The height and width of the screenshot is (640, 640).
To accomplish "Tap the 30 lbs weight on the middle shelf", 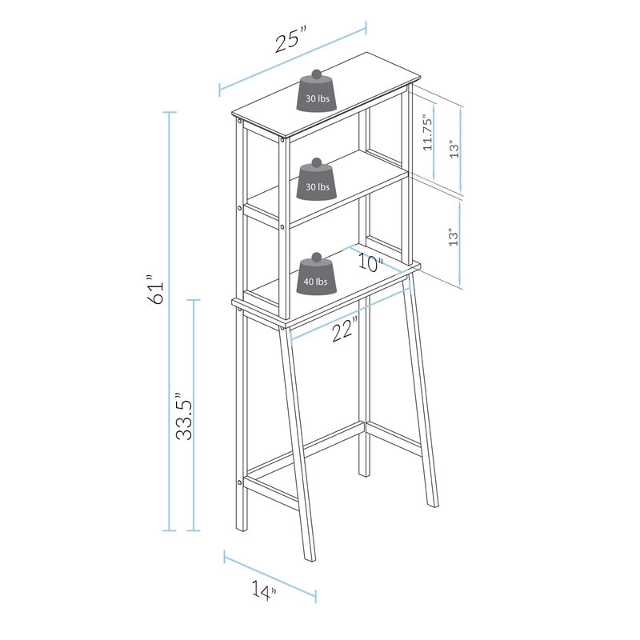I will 317,181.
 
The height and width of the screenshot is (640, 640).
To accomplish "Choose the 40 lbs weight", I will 315,275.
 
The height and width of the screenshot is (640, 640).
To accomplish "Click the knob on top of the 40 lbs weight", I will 315,257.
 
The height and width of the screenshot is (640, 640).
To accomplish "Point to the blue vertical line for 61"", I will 169,320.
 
